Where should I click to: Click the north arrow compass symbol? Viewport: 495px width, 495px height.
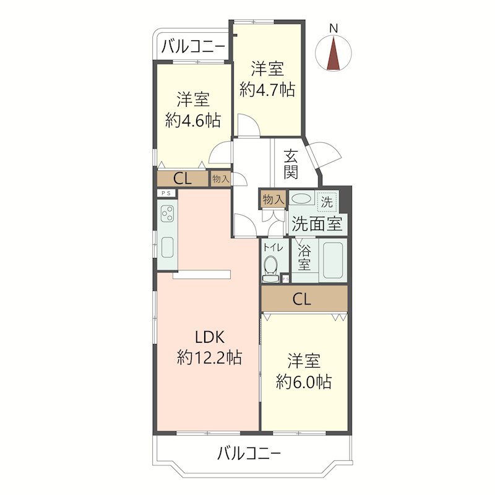coord(334,53)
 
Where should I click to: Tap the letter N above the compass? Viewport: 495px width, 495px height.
coord(334,28)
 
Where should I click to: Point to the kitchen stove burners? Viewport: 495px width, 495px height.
coord(167,213)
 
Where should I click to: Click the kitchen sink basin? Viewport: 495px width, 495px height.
coord(167,247)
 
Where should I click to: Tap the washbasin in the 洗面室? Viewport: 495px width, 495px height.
coord(301,199)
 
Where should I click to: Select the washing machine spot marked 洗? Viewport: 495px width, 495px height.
coord(327,202)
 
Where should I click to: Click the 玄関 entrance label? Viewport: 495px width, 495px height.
coord(291,165)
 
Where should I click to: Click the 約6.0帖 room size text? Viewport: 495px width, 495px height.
coord(304,382)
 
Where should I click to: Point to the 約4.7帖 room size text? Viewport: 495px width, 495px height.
coord(267,90)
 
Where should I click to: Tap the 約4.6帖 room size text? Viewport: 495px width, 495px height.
coord(193,120)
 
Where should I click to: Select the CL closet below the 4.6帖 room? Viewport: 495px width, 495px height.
coord(183,179)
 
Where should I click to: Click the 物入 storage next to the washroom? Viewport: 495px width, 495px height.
coord(273,199)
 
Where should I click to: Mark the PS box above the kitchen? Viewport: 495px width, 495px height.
coord(166,193)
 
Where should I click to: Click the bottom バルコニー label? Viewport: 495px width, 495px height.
coord(249,454)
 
